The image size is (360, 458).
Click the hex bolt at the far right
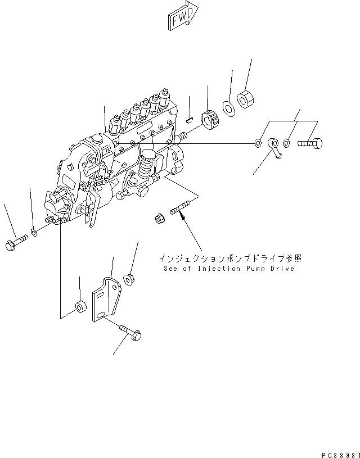(310, 144)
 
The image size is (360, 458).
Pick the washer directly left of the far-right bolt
(286, 144)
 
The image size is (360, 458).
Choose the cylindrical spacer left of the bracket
(80, 308)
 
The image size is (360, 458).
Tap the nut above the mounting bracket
(129, 278)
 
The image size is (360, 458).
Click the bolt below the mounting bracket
(130, 332)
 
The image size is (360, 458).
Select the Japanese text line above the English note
(230, 259)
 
